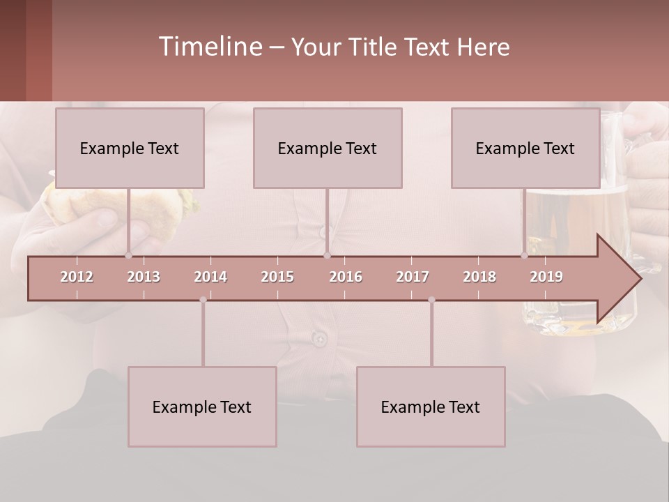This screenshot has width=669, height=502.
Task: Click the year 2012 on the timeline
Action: (77, 277)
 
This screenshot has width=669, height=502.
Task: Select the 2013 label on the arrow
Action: (144, 277)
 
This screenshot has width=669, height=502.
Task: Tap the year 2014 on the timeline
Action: (210, 277)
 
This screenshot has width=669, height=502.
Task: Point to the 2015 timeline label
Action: (277, 277)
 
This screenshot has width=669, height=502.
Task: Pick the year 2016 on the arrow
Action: (346, 277)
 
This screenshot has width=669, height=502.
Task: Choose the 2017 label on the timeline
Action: (413, 277)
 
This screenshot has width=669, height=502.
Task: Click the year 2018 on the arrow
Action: (479, 277)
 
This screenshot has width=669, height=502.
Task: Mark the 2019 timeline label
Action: (546, 277)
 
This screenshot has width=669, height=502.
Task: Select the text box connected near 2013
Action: (130, 149)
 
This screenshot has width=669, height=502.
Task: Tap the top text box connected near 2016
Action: (328, 149)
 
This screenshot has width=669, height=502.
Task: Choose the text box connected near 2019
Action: (525, 149)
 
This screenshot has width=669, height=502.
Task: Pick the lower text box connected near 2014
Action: (202, 406)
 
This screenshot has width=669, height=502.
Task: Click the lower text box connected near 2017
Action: (431, 406)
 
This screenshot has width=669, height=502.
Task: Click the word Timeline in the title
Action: (209, 47)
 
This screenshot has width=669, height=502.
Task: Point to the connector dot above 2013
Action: (128, 255)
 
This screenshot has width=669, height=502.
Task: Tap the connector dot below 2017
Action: (431, 300)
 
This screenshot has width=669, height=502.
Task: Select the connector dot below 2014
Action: (203, 300)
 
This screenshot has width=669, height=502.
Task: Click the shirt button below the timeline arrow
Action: (319, 339)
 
